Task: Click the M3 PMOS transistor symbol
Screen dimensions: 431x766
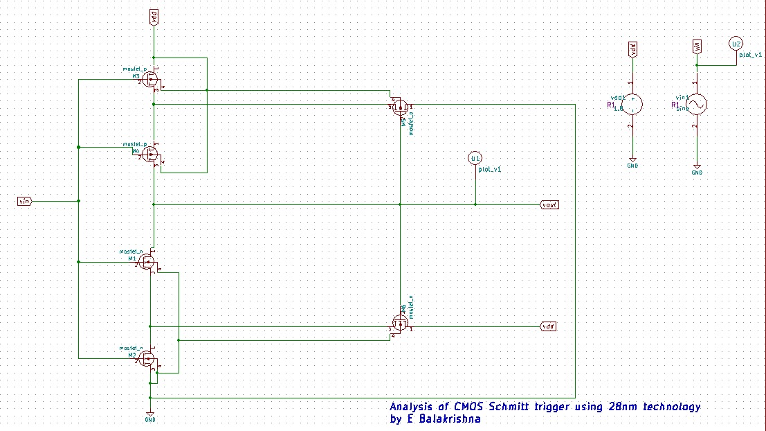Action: [x=150, y=80]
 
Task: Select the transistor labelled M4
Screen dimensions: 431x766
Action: [x=150, y=154]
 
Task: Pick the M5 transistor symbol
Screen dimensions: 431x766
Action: [x=400, y=107]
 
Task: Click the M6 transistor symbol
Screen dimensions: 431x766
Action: [x=400, y=323]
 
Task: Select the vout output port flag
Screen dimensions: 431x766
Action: [x=549, y=205]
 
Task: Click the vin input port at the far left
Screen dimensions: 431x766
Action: [x=24, y=201]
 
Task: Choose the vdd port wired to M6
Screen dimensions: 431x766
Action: [x=548, y=326]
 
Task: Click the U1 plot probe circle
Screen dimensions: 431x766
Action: [x=475, y=159]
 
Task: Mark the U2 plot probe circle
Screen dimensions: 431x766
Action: [x=736, y=45]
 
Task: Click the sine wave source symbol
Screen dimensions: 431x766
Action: [x=696, y=105]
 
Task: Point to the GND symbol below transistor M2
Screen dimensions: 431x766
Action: [x=149, y=416]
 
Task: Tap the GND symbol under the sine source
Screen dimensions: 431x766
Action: [x=697, y=169]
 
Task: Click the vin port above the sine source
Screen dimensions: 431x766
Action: [x=697, y=46]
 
